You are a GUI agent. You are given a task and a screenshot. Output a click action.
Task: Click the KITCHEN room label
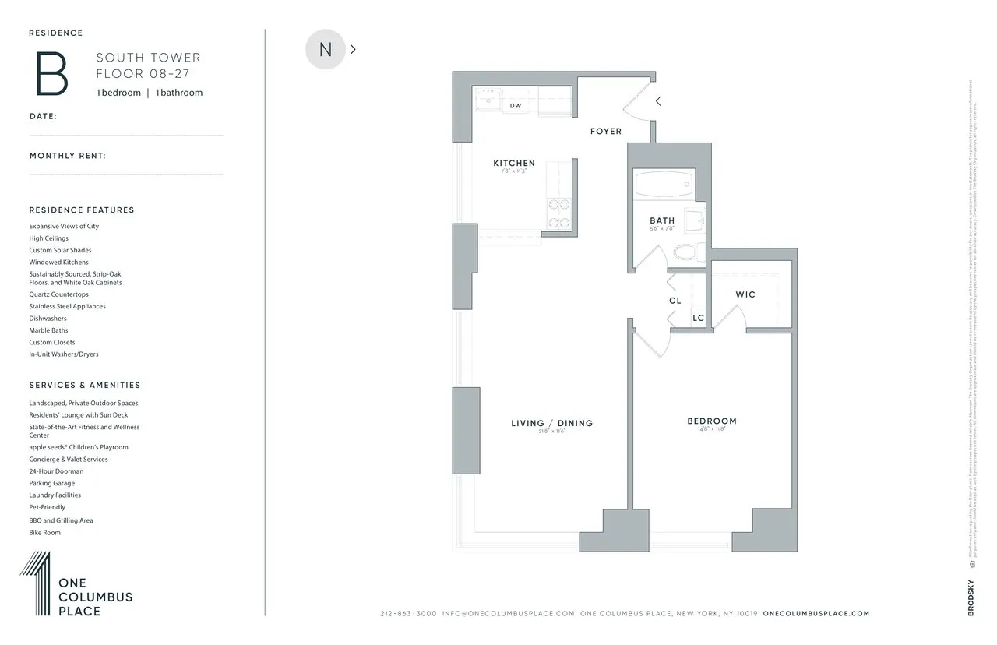coord(514,163)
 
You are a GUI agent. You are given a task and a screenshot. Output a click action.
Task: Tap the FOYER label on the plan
coord(605,132)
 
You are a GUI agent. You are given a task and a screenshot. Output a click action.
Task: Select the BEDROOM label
coord(711,421)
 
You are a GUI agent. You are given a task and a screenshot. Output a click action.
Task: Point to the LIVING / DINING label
coord(551,423)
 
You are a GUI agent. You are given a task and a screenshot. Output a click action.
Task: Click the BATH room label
coord(662,220)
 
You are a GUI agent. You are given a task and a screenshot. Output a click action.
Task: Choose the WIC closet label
coord(745,294)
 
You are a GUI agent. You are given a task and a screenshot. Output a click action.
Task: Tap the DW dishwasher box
coord(516,105)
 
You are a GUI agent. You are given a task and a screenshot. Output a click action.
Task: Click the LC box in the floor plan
coord(698,318)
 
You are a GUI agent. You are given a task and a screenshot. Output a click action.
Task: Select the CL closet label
coord(675,301)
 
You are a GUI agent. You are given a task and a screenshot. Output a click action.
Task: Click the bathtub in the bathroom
coord(664,186)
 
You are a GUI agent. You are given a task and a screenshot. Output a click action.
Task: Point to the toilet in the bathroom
coord(685,252)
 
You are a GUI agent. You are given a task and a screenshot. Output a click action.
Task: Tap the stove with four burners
coord(558,214)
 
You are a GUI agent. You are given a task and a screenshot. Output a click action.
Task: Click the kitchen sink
coord(489,100)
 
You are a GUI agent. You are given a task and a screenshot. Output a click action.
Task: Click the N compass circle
coord(325,49)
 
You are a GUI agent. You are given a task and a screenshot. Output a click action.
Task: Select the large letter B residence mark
coord(52,73)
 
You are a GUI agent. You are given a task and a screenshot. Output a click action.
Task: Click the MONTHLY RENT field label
coord(68,156)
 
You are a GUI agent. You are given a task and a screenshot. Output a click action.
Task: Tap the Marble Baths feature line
coord(49,330)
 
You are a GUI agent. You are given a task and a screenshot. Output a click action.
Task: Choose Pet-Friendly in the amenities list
coord(48,507)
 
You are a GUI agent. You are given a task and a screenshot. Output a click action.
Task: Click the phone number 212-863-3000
coord(408,614)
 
